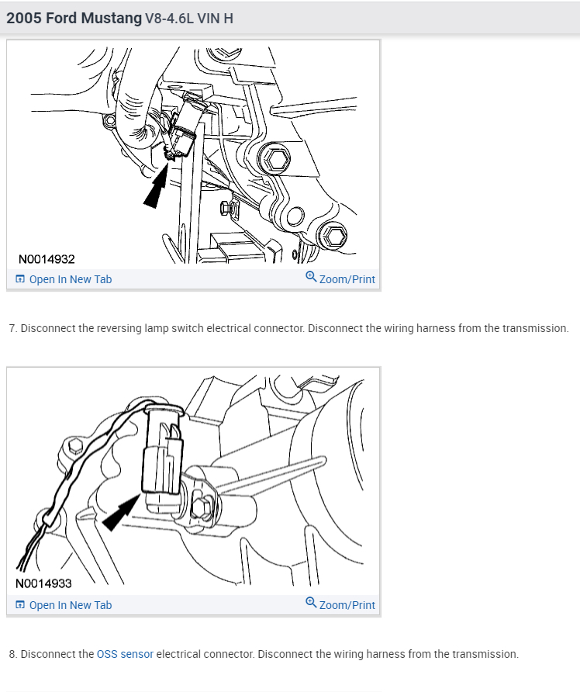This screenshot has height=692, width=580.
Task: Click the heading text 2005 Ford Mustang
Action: tap(74, 18)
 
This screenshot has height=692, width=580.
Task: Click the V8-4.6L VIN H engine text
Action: tap(189, 19)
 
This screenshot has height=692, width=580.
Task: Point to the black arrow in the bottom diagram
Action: tap(120, 512)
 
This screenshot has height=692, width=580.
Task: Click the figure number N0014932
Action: tap(47, 259)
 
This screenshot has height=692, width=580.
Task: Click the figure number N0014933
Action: tap(44, 583)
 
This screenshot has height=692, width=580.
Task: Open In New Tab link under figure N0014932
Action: tap(70, 279)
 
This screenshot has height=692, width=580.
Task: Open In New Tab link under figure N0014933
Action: tap(70, 605)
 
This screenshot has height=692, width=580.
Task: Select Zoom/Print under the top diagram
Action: tap(347, 279)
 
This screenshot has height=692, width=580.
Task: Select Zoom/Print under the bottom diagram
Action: tap(347, 605)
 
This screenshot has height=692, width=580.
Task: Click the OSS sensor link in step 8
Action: tap(125, 654)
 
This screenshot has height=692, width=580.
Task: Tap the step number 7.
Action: tap(12, 328)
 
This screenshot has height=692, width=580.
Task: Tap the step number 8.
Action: tap(12, 654)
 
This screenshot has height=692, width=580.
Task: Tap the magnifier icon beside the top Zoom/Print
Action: tap(311, 277)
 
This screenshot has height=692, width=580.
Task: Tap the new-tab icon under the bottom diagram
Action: tap(20, 605)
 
